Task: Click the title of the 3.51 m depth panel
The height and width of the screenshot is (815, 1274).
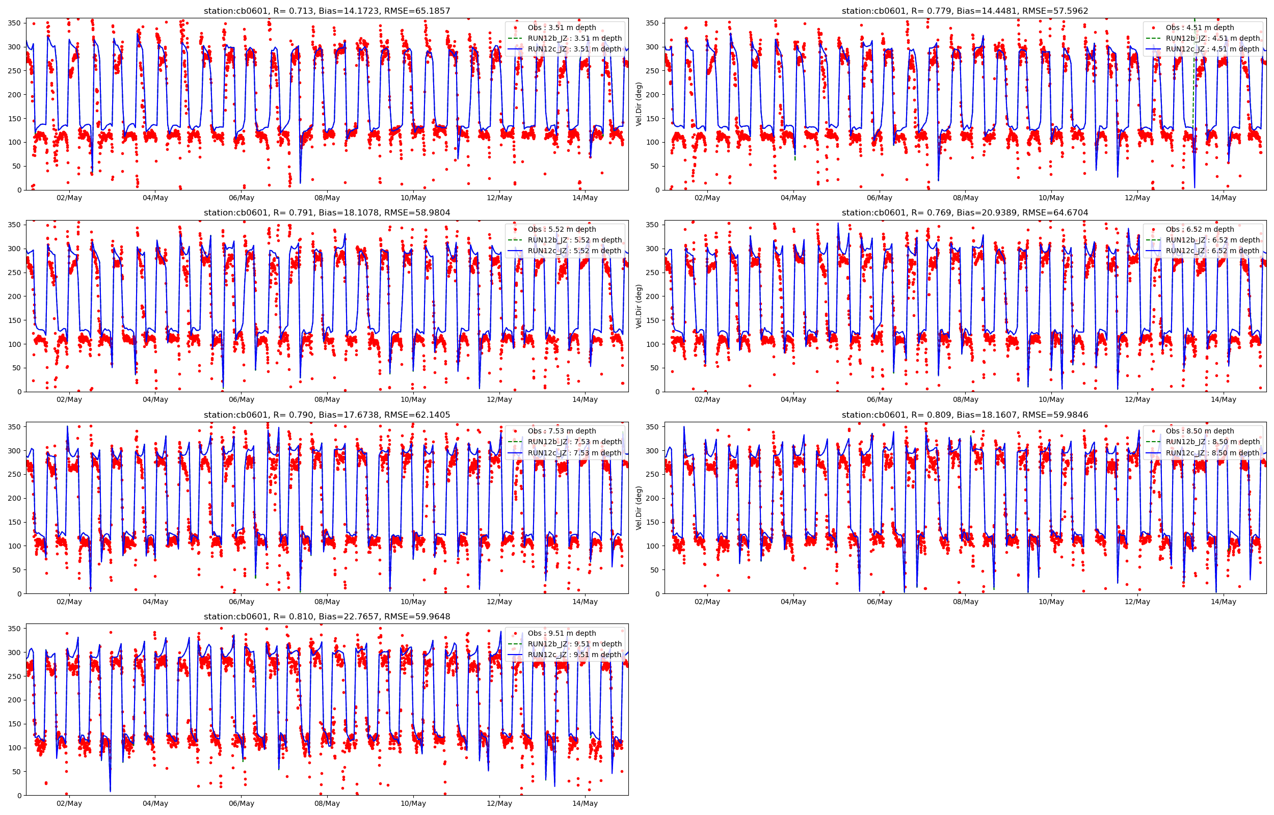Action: tap(327, 11)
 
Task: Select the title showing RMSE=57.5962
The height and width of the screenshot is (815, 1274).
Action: tap(965, 11)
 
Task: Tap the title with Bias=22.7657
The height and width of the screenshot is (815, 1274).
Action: tap(327, 616)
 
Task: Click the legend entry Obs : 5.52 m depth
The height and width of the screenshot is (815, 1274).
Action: tap(562, 229)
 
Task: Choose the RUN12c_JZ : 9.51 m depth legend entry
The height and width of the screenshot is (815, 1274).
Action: tap(574, 655)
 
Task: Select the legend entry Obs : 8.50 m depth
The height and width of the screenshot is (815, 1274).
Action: tap(1200, 431)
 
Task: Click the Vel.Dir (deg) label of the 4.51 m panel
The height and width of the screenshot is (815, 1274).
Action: tap(639, 104)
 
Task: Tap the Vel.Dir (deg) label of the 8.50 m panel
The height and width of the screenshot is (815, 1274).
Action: tap(639, 508)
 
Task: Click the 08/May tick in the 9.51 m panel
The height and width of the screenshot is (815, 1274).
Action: tap(327, 803)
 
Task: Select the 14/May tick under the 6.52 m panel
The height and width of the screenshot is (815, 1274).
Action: tap(1223, 399)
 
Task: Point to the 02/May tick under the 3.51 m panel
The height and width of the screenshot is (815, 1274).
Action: tap(69, 198)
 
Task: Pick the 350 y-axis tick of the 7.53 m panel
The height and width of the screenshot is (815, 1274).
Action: tap(15, 427)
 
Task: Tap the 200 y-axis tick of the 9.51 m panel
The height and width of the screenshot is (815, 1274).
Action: tap(15, 700)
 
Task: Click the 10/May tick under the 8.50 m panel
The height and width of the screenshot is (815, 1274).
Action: tap(1051, 602)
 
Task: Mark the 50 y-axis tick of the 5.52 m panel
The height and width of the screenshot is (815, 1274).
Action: tap(17, 368)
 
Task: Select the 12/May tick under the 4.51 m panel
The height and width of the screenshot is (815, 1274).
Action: tap(1137, 198)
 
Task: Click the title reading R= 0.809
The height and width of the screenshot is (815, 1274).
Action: tap(965, 415)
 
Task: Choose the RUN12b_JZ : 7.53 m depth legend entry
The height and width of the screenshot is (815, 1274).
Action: tap(574, 442)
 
